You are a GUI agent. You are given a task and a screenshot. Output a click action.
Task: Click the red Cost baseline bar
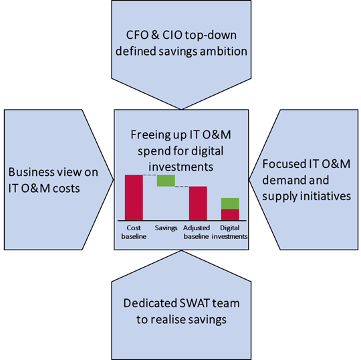pos(134,197)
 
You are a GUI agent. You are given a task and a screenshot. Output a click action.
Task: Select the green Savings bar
pos(166,181)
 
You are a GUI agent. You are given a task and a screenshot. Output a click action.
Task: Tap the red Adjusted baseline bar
pos(198,203)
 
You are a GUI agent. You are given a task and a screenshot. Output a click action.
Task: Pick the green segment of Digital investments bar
pos(230,203)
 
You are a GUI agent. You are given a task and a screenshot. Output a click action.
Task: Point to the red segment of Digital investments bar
pos(230,215)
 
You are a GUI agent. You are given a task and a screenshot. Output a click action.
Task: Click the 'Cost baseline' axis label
pos(134,232)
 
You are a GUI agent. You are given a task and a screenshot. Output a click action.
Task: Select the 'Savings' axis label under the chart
pos(166,228)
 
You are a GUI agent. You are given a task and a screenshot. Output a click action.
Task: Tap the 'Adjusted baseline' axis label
pos(197,232)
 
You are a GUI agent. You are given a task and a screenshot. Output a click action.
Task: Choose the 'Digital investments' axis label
pos(229,232)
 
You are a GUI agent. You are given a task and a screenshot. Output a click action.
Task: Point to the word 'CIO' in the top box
pos(172,35)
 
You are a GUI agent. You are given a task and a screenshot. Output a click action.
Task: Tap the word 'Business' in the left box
pos(29,172)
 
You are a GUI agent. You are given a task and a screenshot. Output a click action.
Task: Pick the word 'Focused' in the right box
pos(284,164)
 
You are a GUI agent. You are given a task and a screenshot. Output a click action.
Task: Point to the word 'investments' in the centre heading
pos(181,167)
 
